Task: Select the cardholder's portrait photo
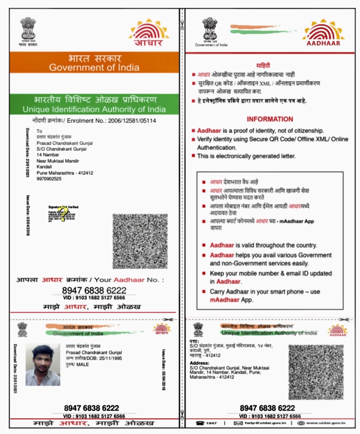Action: (x=43, y=365)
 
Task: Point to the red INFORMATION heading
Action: (x=270, y=119)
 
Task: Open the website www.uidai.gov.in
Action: (x=325, y=423)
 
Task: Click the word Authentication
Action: (x=220, y=148)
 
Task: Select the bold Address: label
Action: (x=200, y=364)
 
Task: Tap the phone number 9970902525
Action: (x=49, y=179)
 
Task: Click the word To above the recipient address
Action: (x=39, y=131)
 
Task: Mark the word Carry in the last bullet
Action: (x=218, y=292)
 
